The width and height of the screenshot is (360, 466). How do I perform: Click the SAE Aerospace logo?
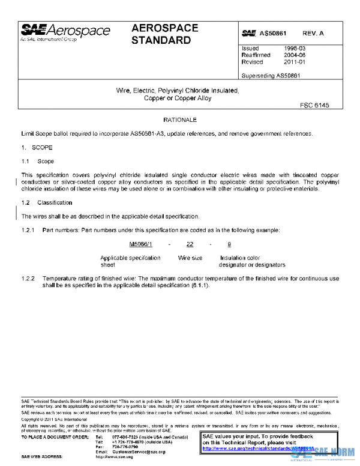click(65, 32)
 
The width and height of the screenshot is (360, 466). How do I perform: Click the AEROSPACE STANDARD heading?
click(164, 35)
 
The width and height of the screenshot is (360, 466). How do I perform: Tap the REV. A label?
click(313, 33)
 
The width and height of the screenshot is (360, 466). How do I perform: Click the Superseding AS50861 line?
click(270, 76)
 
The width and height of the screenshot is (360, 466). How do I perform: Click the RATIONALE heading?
click(179, 120)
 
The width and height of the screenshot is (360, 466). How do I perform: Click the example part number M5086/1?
click(141, 244)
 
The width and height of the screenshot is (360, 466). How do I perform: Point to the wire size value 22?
click(190, 244)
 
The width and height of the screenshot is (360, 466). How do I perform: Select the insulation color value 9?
click(229, 244)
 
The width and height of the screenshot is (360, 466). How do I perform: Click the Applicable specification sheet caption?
click(130, 261)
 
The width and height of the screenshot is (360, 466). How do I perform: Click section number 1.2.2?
click(29, 279)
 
